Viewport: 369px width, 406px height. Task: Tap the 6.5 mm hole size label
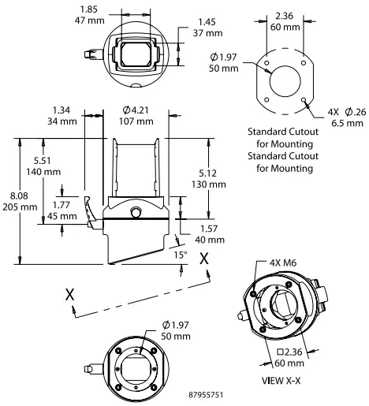[347, 124]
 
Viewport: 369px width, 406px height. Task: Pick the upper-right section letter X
[205, 258]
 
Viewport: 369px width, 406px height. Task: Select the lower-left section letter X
[70, 292]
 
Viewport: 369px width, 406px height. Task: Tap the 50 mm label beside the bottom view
[174, 337]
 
